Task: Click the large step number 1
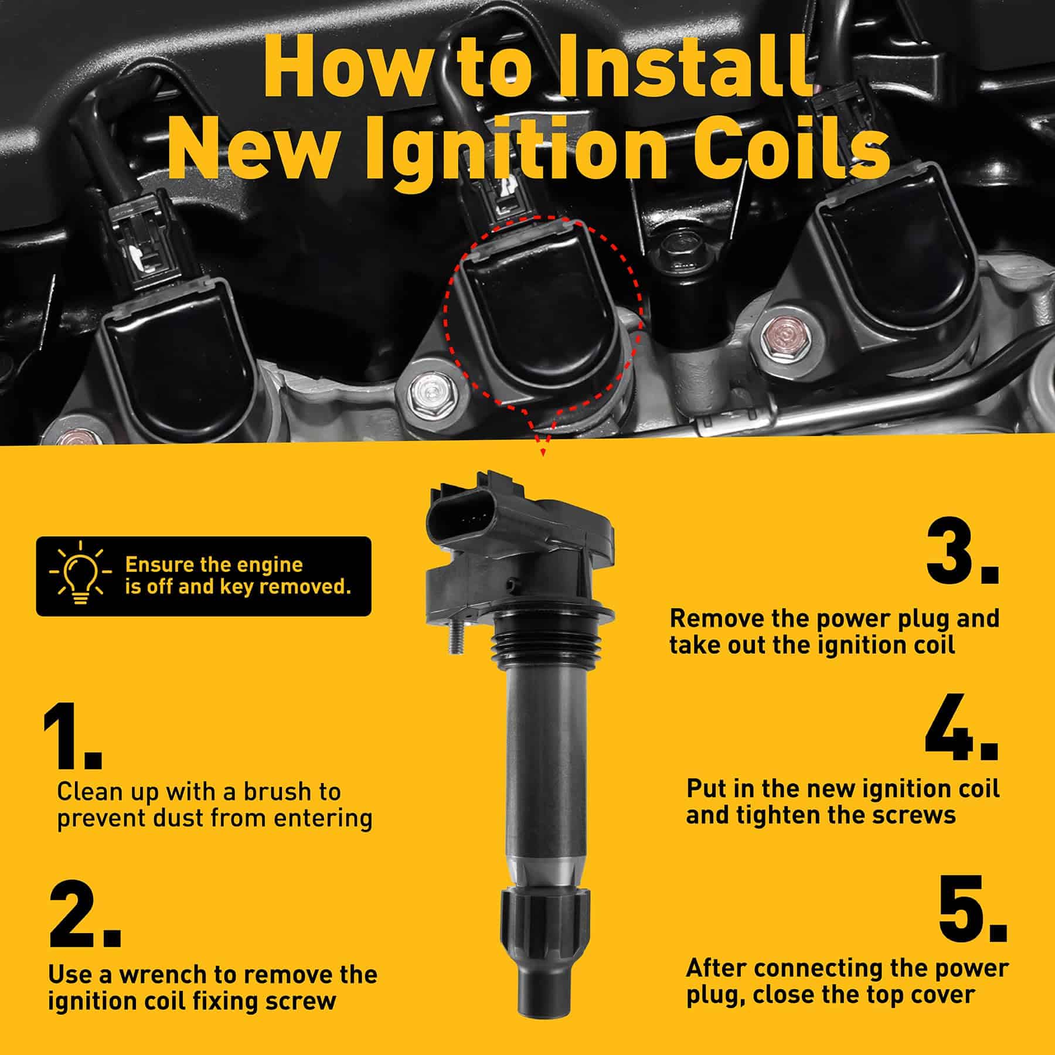pos(72,736)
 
